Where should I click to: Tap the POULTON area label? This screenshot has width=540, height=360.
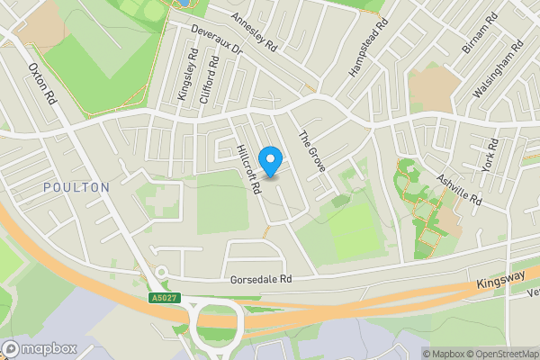pyautogui.click(x=76, y=187)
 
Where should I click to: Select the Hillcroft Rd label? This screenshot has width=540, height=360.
pyautogui.click(x=248, y=171)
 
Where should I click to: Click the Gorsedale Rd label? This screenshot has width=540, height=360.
pyautogui.click(x=262, y=280)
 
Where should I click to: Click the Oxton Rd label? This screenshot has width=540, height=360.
pyautogui.click(x=42, y=84)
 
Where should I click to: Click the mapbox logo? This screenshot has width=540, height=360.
pyautogui.click(x=37, y=348)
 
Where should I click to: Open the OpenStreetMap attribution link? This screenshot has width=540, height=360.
pyautogui.click(x=499, y=353)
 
